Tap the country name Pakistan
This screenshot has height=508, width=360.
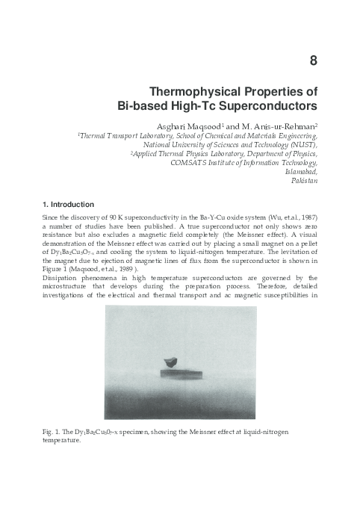(x=305, y=182)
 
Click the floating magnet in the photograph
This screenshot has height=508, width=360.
(x=173, y=359)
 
